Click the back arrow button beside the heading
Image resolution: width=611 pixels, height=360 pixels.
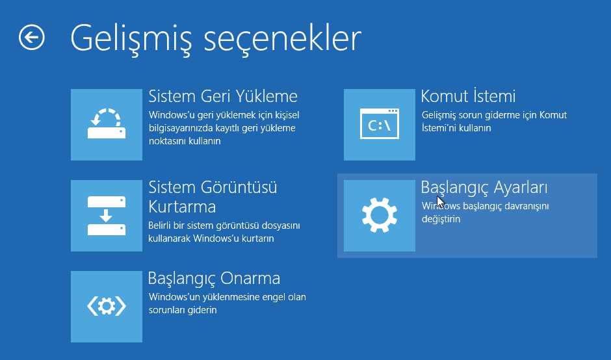pyautogui.click(x=32, y=38)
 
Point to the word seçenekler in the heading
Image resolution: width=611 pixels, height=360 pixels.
pyautogui.click(x=283, y=38)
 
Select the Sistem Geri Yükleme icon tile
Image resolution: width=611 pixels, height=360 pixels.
pyautogui.click(x=107, y=125)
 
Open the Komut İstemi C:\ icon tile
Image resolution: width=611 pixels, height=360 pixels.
pyautogui.click(x=380, y=125)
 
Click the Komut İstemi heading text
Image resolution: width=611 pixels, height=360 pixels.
pyautogui.click(x=468, y=96)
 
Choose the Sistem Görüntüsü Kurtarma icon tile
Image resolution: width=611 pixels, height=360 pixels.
pyautogui.click(x=107, y=216)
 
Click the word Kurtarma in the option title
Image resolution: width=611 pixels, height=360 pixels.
pyautogui.click(x=182, y=207)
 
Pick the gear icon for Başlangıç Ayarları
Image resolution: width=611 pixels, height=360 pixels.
pyautogui.click(x=380, y=216)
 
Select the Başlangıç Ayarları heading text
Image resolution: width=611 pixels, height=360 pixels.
pyautogui.click(x=484, y=188)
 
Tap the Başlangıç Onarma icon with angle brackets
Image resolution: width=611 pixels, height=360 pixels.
pyautogui.click(x=107, y=307)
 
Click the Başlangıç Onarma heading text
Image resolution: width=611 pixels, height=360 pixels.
pyautogui.click(x=214, y=279)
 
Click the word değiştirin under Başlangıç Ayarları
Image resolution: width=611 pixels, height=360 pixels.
pyautogui.click(x=441, y=219)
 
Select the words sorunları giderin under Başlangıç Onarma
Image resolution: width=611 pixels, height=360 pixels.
pyautogui.click(x=183, y=310)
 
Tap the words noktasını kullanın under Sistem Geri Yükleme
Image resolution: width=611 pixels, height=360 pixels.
pyautogui.click(x=185, y=141)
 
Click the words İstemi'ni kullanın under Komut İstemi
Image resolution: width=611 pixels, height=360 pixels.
pyautogui.click(x=456, y=128)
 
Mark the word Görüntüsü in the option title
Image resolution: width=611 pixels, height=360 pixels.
pyautogui.click(x=239, y=187)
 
